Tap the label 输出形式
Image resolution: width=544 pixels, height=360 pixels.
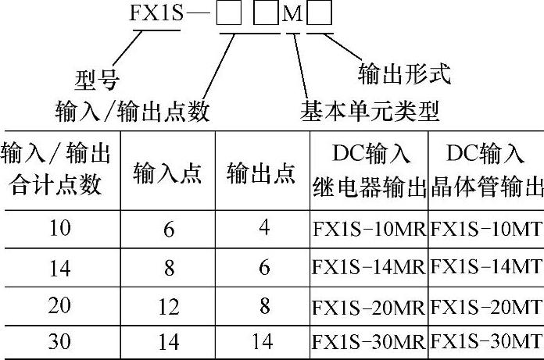404,75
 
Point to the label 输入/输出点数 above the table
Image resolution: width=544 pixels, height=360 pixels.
133,112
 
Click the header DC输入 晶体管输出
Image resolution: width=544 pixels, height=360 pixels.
486,171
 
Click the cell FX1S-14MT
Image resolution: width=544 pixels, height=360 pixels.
486,268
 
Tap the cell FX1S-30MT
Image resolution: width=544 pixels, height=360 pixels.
486,341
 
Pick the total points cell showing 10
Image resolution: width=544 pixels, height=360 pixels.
59,229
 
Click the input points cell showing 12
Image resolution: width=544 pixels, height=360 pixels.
168,306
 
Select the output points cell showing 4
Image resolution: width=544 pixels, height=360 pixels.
263,229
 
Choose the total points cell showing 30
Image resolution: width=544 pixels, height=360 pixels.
59,342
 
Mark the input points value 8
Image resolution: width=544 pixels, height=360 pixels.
169,268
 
